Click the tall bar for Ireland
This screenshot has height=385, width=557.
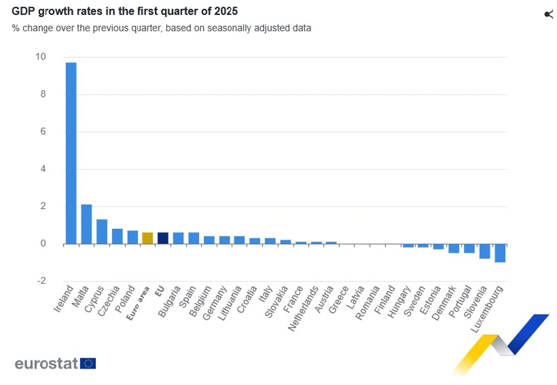(71, 153)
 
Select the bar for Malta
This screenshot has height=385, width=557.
(86, 224)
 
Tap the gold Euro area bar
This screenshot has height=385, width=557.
(148, 238)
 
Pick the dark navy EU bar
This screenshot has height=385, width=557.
(163, 238)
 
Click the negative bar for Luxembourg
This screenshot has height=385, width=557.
(500, 253)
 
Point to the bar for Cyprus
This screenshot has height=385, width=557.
(101, 231)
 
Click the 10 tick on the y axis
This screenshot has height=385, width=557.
(40, 57)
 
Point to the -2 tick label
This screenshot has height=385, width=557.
(40, 281)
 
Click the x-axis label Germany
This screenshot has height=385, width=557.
(214, 303)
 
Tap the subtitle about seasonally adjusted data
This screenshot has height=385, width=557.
(161, 28)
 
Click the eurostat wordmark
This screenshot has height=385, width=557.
(47, 364)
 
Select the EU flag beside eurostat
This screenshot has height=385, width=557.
(88, 364)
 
